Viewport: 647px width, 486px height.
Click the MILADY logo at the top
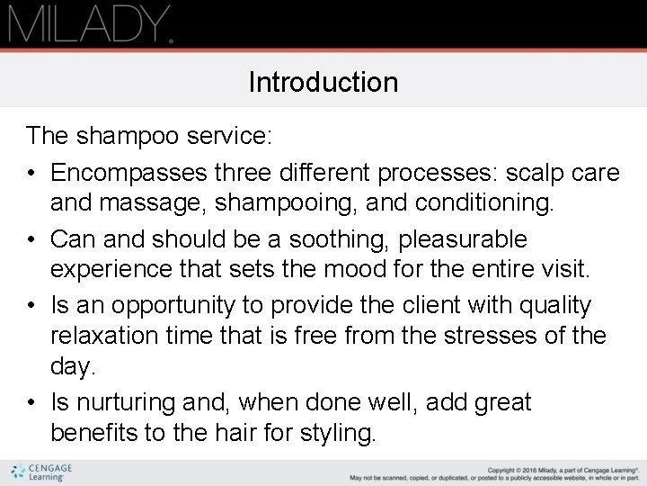coord(90,23)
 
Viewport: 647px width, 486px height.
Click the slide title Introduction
coord(323,83)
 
